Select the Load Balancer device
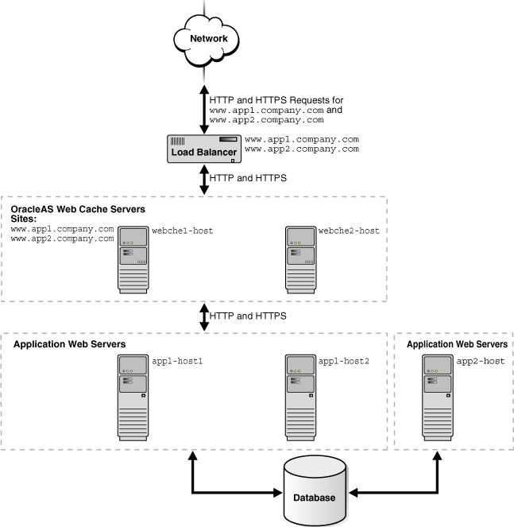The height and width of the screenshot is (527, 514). pos(204,149)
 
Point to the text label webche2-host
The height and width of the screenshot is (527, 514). pos(349,231)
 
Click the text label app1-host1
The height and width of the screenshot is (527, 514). pos(178,361)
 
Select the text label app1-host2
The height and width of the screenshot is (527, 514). pos(344,361)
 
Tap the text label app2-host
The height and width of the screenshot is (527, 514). pos(481,361)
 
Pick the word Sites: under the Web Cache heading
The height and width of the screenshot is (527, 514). pos(25,219)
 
